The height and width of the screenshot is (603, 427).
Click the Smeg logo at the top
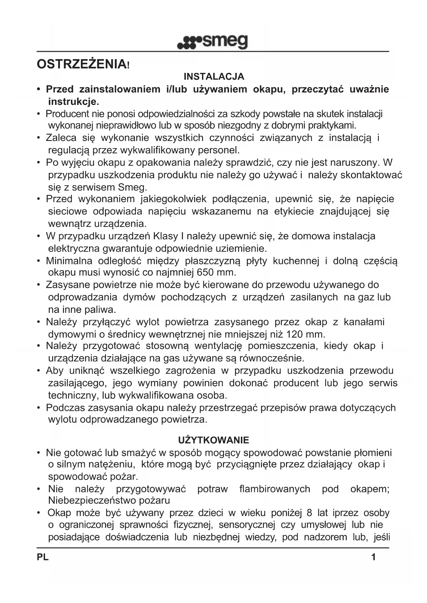[212, 42]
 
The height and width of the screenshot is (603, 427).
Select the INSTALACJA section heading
[214, 76]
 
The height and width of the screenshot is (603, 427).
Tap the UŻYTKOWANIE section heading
[213, 440]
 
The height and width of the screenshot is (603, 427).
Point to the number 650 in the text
[205, 273]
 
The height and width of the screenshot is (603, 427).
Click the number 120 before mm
[295, 334]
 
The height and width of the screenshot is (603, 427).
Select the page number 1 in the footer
[373, 557]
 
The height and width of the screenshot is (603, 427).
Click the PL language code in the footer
[43, 557]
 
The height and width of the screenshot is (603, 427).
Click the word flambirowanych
[275, 489]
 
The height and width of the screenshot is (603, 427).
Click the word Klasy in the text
[165, 236]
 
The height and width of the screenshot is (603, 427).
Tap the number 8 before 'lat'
[309, 513]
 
